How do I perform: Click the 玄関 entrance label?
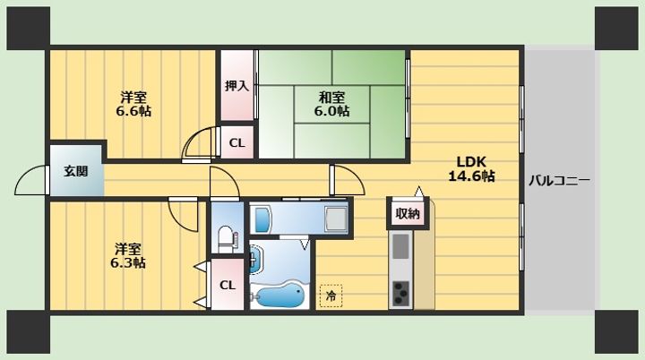[76, 171]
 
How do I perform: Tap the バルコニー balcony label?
[559, 180]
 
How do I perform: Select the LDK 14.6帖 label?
[471, 168]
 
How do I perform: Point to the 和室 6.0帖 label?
[332, 104]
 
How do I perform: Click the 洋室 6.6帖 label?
[133, 104]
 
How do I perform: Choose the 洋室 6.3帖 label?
[128, 255]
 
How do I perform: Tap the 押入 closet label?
[236, 86]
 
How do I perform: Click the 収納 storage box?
[408, 213]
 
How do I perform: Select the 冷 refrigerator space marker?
[331, 296]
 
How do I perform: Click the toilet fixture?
[227, 238]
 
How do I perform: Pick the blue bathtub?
[279, 295]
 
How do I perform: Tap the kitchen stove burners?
[400, 293]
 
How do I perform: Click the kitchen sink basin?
[400, 246]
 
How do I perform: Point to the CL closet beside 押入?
[236, 142]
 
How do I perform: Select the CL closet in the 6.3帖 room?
[228, 285]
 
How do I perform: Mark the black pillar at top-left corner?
[29, 29]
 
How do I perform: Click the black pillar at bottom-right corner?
[616, 331]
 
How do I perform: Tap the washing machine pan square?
[336, 219]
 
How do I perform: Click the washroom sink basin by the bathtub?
[256, 260]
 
